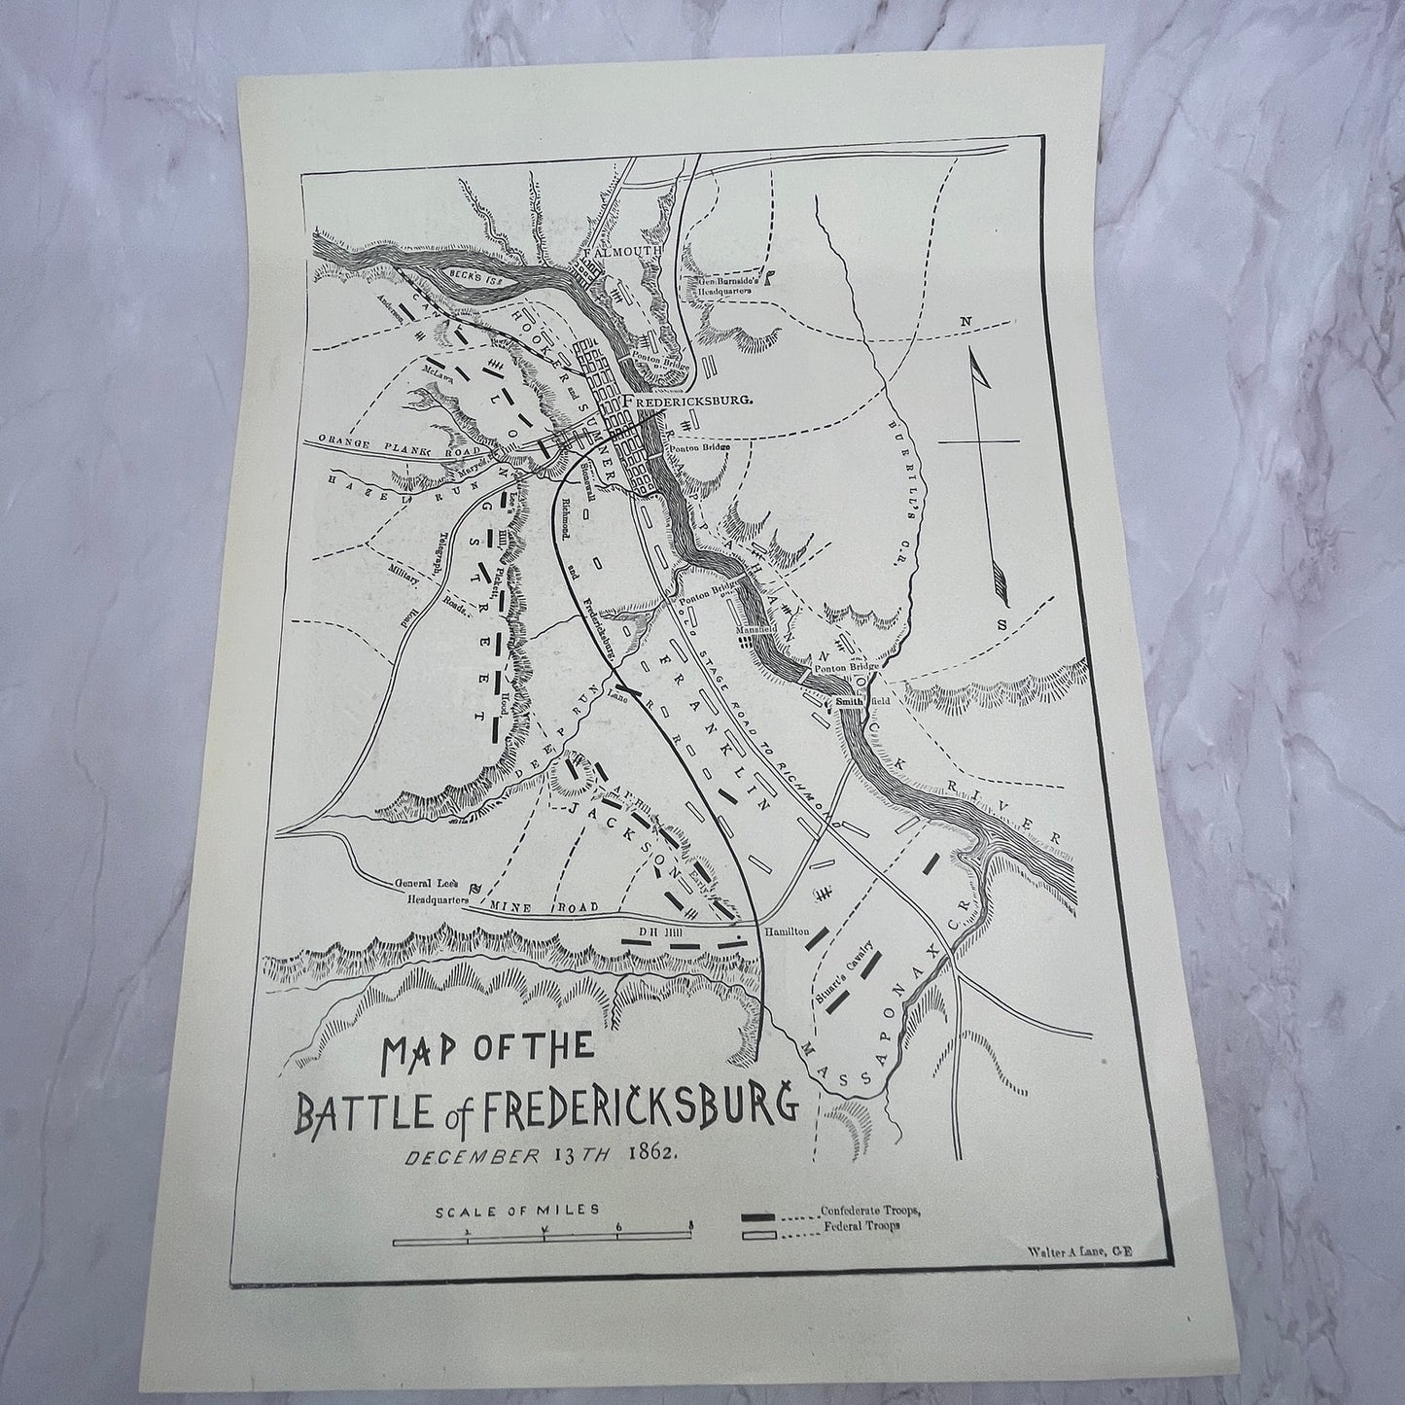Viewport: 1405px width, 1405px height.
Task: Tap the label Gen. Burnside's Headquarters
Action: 728,290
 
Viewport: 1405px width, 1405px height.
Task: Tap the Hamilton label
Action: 787,931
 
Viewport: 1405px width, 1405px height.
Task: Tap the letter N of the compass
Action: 966,321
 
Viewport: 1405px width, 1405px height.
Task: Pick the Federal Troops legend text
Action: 861,1227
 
